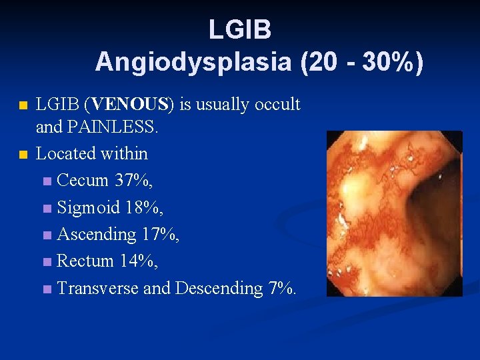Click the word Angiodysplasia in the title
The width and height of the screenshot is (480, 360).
[x=193, y=62]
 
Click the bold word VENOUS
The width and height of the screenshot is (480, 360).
[x=131, y=105]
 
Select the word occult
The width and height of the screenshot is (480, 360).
[x=277, y=105]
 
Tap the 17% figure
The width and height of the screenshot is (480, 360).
[x=160, y=235]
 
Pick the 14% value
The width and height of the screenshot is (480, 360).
[x=139, y=261]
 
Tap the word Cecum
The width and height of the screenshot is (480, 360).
[x=83, y=181]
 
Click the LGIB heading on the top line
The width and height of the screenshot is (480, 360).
[x=239, y=30]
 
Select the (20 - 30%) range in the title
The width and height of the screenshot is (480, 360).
[x=362, y=62]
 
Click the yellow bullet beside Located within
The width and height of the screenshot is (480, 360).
[x=23, y=155]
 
